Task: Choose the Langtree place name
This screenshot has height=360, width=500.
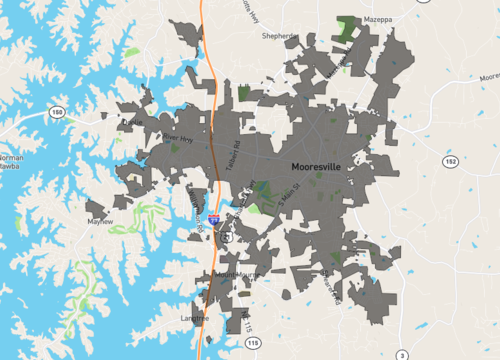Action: (x=195, y=319)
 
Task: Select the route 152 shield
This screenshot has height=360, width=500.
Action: (x=451, y=160)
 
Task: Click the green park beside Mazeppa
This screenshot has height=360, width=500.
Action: (x=348, y=28)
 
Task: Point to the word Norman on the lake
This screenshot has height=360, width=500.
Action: (x=12, y=158)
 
